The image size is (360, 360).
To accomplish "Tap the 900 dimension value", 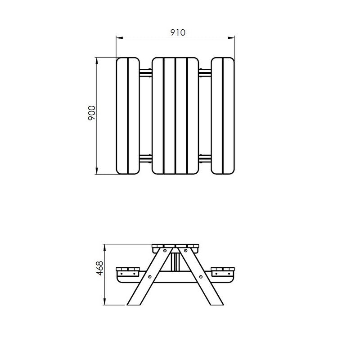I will (92, 113).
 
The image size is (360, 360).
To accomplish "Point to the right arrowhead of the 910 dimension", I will (233, 37).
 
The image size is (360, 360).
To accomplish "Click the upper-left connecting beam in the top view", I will (145, 72).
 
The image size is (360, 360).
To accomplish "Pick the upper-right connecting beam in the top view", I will (205, 72).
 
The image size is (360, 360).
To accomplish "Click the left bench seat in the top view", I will (128, 116).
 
